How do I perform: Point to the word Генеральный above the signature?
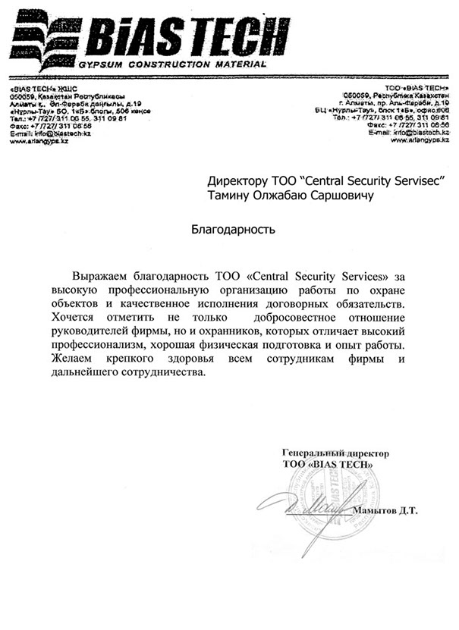pyautogui.click(x=312, y=452)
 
